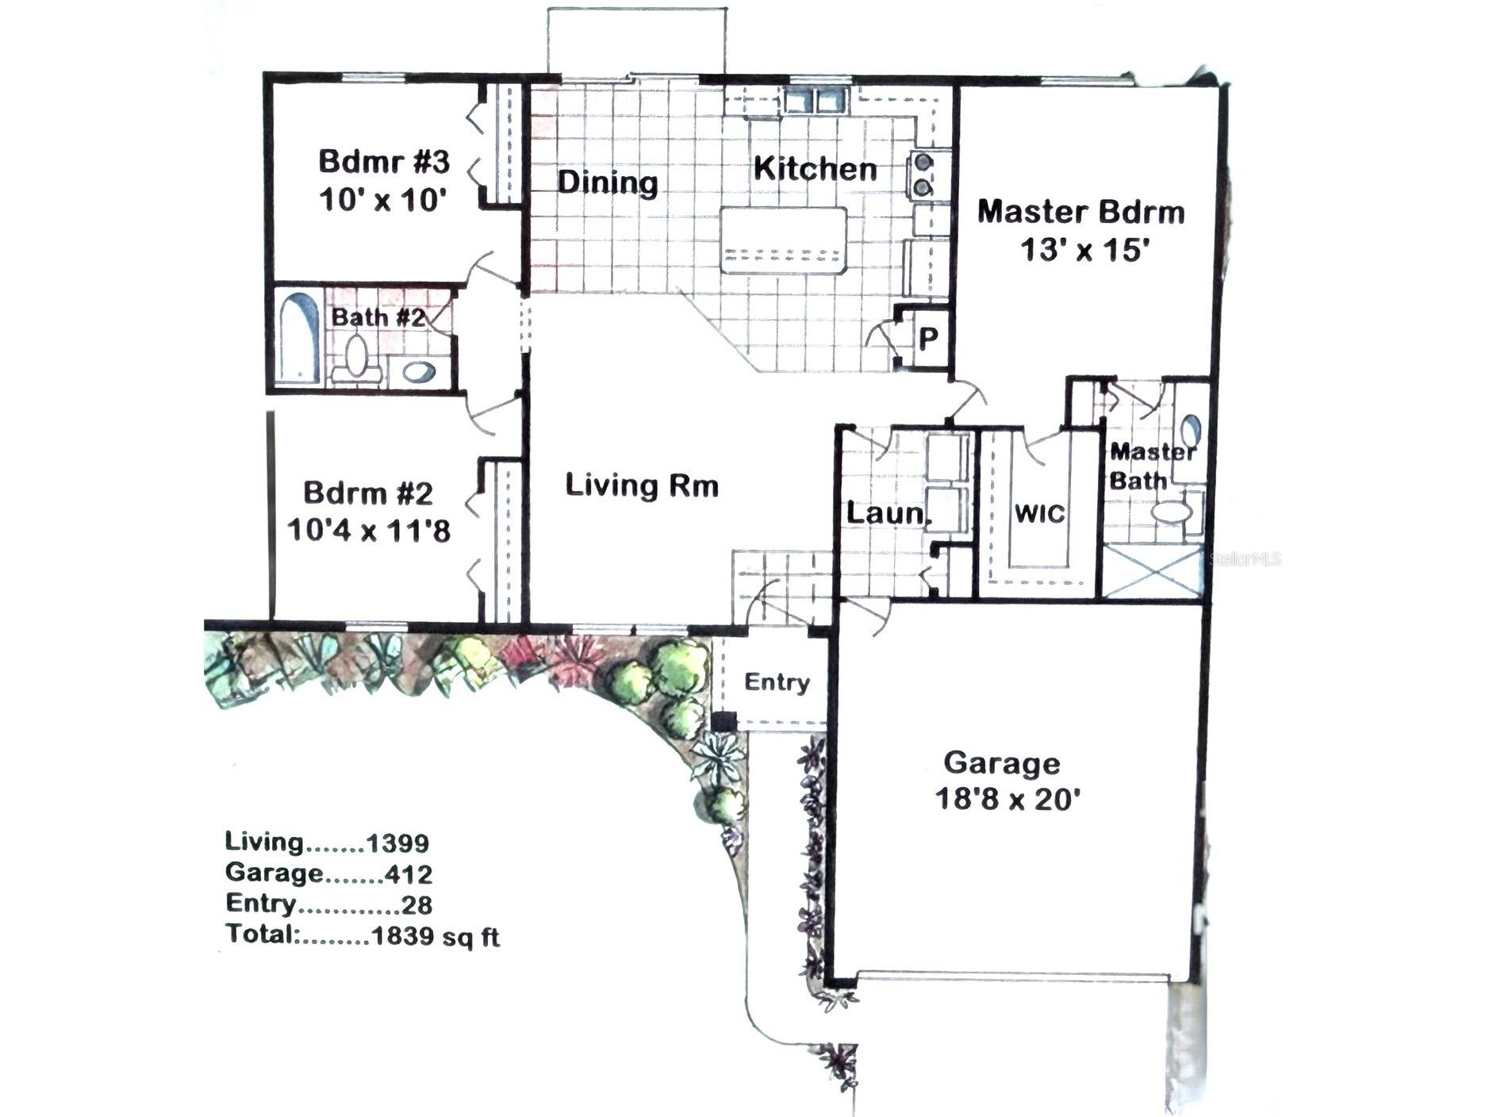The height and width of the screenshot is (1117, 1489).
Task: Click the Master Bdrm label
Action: pos(1080,213)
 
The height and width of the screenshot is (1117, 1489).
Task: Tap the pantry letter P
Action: pos(927,339)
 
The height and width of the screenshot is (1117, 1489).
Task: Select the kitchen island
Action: pos(783,240)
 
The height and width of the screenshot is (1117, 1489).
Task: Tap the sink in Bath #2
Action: pos(417,370)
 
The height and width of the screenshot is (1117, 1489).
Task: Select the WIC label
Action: pos(1039,513)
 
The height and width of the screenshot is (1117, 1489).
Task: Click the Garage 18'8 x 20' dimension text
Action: pos(1007,798)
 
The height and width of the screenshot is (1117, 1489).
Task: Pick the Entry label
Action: pos(777,682)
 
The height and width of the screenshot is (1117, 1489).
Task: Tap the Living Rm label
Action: pos(641,485)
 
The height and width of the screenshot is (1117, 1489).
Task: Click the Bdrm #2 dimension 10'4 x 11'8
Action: pos(368,529)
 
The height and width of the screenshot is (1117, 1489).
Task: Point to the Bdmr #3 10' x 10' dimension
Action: pos(379,200)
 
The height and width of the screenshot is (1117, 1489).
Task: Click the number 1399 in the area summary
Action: pos(398,843)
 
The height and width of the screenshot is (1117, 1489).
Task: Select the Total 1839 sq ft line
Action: pos(363,935)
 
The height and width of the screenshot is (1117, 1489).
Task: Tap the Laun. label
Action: pos(885,513)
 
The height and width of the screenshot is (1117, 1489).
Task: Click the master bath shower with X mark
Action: pos(1153,570)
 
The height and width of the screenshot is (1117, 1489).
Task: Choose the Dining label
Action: pos(607,182)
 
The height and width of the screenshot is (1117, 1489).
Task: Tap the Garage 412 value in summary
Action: pos(409,874)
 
